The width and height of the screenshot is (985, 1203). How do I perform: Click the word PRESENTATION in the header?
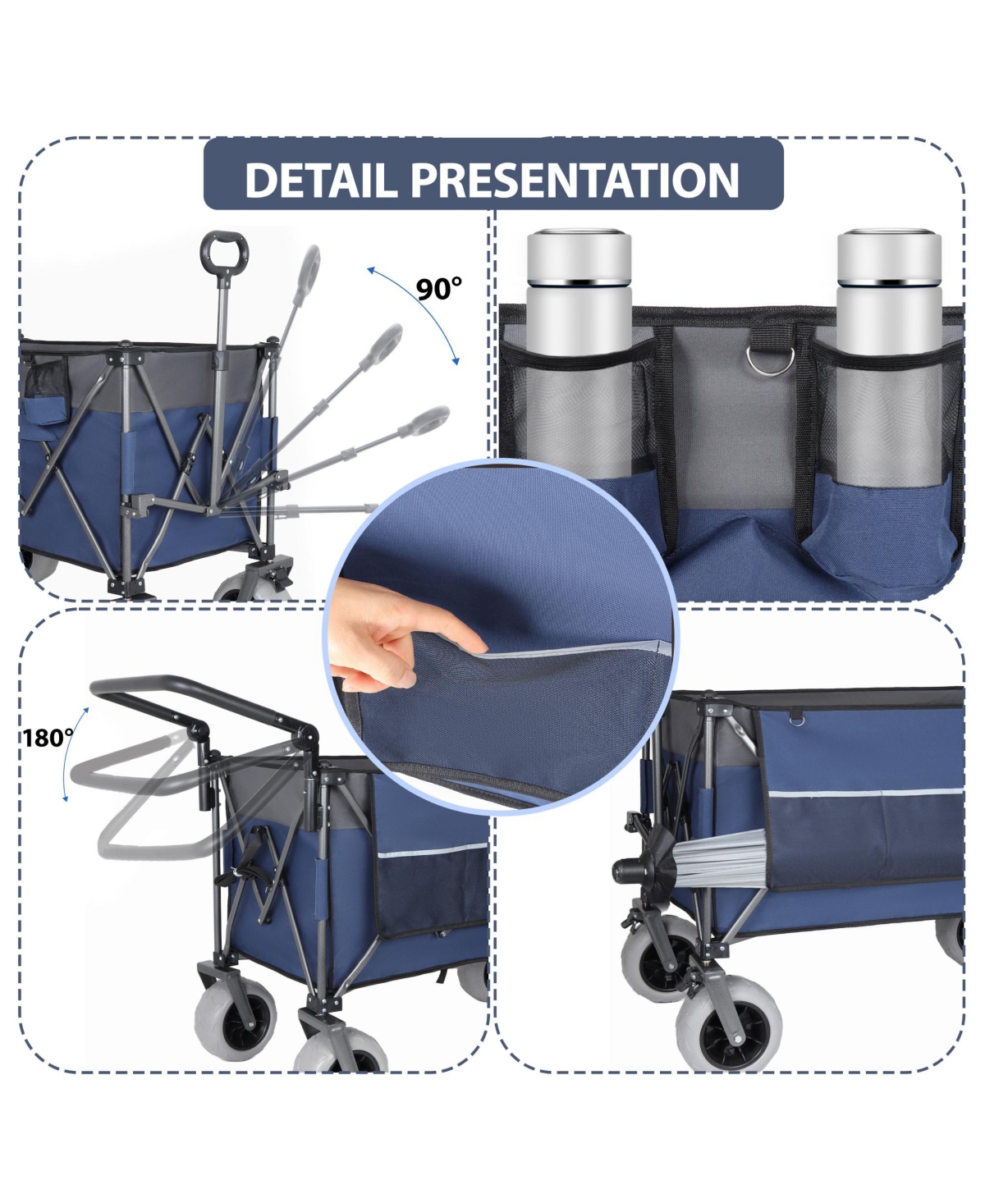pos(575,179)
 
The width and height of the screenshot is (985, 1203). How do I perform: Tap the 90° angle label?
pos(438,289)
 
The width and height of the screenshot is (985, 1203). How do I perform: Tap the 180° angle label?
pos(47,739)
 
